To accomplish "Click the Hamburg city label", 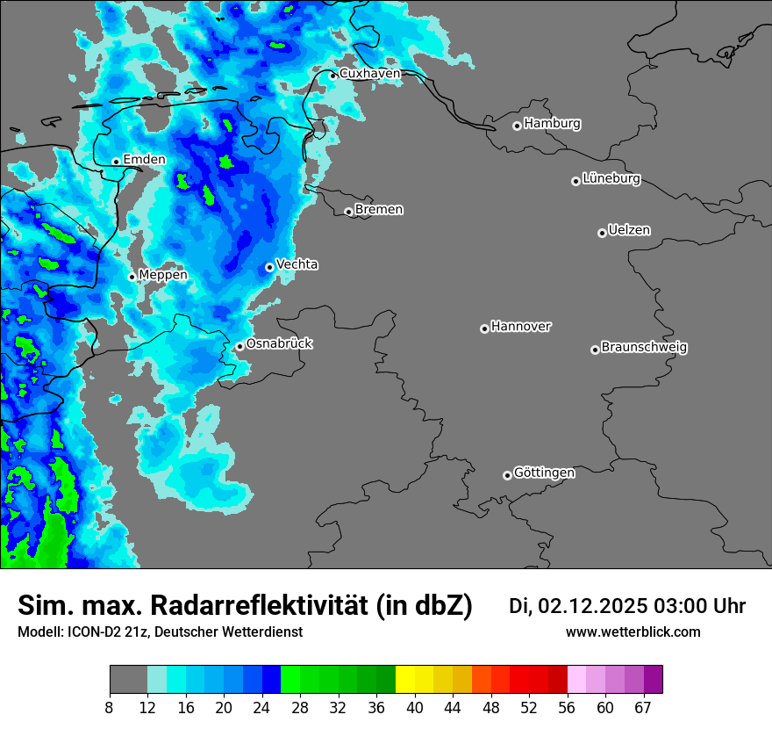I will pyautogui.click(x=552, y=124).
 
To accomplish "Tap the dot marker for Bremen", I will pyautogui.click(x=348, y=212).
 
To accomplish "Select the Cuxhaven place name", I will pyautogui.click(x=369, y=74).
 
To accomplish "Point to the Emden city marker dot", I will pyautogui.click(x=116, y=162).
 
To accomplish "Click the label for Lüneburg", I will pyautogui.click(x=611, y=179).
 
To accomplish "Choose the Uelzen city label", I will pyautogui.click(x=629, y=231).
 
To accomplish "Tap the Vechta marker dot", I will pyautogui.click(x=269, y=267).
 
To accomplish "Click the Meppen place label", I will pyautogui.click(x=163, y=275).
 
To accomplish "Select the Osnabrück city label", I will pyautogui.click(x=279, y=343).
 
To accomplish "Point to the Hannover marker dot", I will pyautogui.click(x=484, y=328).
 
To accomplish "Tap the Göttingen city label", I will pyautogui.click(x=544, y=473).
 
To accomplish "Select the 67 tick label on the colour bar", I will pyautogui.click(x=643, y=708).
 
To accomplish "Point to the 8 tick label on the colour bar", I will pyautogui.click(x=110, y=708).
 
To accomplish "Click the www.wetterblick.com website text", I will pyautogui.click(x=633, y=632).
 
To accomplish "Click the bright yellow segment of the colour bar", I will pyautogui.click(x=404, y=680).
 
